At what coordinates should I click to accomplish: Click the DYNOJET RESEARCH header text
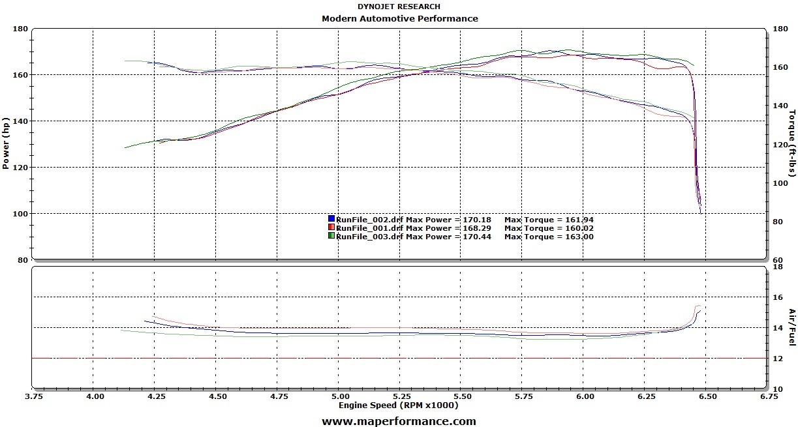(x=399, y=7)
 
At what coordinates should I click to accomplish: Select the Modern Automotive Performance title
(x=399, y=18)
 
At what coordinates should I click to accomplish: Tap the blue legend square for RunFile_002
(x=331, y=219)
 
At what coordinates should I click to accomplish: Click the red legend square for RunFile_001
(x=331, y=228)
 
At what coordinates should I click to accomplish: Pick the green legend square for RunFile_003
(x=331, y=236)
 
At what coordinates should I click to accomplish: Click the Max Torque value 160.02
(x=577, y=228)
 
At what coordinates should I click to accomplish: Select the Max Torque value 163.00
(x=577, y=237)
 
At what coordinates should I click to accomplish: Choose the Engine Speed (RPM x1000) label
(x=398, y=405)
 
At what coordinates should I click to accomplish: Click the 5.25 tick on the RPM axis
(x=401, y=396)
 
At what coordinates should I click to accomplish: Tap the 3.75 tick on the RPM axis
(x=34, y=396)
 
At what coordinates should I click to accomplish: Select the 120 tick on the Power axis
(x=20, y=168)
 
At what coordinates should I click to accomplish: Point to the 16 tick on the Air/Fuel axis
(x=776, y=297)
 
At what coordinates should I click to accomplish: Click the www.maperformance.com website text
(x=399, y=421)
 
